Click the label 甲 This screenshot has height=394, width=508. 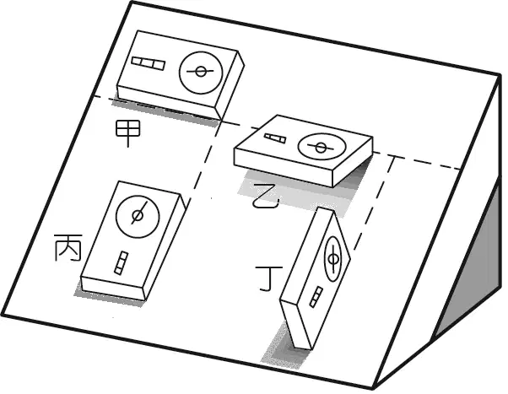click(128, 132)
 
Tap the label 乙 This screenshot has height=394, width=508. click(267, 197)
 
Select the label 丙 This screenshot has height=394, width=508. click(68, 247)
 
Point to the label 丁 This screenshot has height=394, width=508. click(269, 278)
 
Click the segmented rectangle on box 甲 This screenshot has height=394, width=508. click(149, 63)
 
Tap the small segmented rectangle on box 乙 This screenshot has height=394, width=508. click(275, 138)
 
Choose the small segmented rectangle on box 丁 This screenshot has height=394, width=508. click(316, 297)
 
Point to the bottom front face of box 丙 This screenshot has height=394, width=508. click(112, 289)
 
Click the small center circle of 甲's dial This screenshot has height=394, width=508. click(201, 72)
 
